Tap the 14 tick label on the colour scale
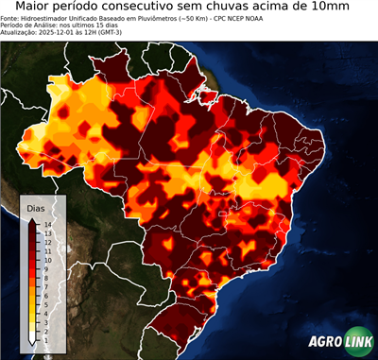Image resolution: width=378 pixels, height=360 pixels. [47, 224]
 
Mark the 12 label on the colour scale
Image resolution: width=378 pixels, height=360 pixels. [47, 240]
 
